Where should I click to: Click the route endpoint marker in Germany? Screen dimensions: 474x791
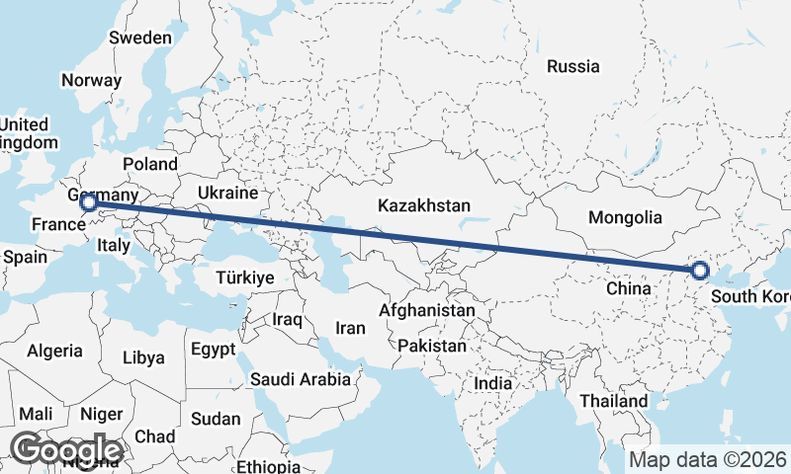[x=88, y=202]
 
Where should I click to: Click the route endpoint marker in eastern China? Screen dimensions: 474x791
[x=700, y=270]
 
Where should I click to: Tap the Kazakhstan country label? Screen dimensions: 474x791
[x=422, y=205]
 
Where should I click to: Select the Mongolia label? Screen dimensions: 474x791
[x=624, y=217]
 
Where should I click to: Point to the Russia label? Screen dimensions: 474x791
[x=573, y=67]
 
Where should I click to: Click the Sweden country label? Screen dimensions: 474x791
[x=140, y=38]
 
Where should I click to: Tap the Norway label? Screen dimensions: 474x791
[x=91, y=80]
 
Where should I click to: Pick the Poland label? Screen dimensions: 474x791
[x=150, y=164]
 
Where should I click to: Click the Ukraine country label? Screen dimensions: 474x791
[x=227, y=192]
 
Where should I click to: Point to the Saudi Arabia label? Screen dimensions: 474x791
[x=301, y=378]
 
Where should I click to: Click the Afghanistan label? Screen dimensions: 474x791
[x=427, y=310]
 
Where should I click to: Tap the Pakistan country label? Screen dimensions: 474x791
[x=432, y=346]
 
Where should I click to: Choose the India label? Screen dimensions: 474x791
[x=493, y=382]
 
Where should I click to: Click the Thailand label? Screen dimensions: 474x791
[x=614, y=401]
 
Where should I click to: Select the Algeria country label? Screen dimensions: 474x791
[x=56, y=351]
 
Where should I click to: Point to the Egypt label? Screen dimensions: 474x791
[x=213, y=350]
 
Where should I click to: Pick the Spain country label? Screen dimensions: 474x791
[x=26, y=256]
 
